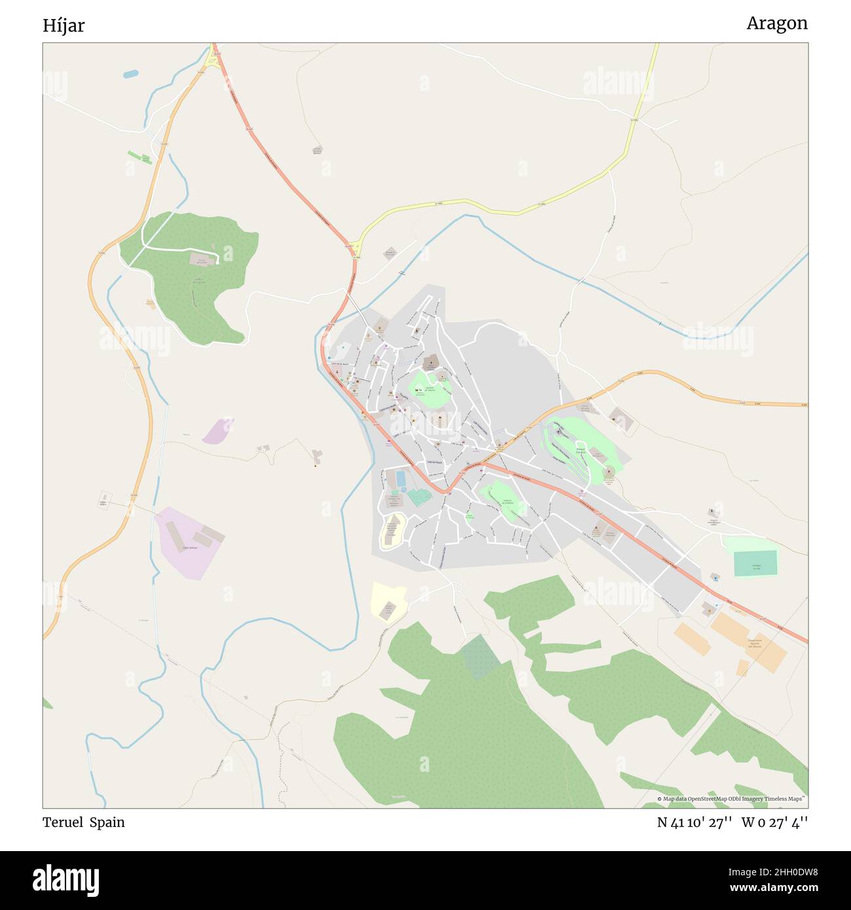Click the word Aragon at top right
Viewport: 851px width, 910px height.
776,24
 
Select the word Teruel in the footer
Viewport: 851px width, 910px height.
63,822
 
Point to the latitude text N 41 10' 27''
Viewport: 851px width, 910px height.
694,823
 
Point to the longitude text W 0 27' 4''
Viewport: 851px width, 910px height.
774,823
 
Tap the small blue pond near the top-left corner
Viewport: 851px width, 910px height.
130,75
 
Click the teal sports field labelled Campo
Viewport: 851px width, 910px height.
755,564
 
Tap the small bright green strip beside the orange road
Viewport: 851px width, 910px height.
139,157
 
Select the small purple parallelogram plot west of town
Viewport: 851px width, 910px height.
217,431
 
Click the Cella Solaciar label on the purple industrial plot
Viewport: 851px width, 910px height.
189,547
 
